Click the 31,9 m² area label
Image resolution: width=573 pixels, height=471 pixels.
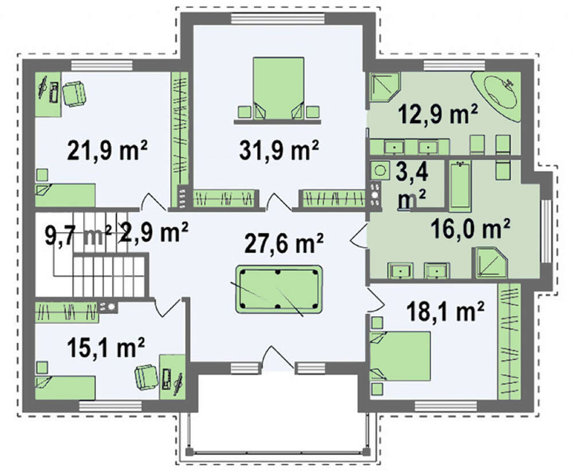(279, 150)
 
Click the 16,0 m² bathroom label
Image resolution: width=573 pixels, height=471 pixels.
(470, 228)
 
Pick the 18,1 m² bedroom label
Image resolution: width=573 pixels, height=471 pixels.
(445, 311)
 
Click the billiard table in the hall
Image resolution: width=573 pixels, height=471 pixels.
(279, 289)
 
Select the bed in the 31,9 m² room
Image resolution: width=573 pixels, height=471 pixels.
(278, 88)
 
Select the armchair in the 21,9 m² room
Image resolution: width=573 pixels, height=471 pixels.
(74, 93)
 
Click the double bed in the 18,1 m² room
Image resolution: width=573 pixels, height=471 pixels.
(401, 356)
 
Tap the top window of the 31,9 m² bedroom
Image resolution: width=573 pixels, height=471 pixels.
(278, 19)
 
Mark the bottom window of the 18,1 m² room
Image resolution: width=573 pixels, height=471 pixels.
(445, 406)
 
